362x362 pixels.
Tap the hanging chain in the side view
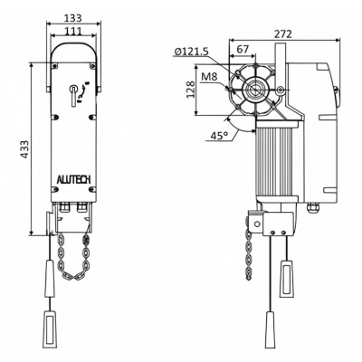[248, 257]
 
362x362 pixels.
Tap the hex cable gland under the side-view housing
[314, 208]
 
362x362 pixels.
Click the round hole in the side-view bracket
[257, 222]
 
